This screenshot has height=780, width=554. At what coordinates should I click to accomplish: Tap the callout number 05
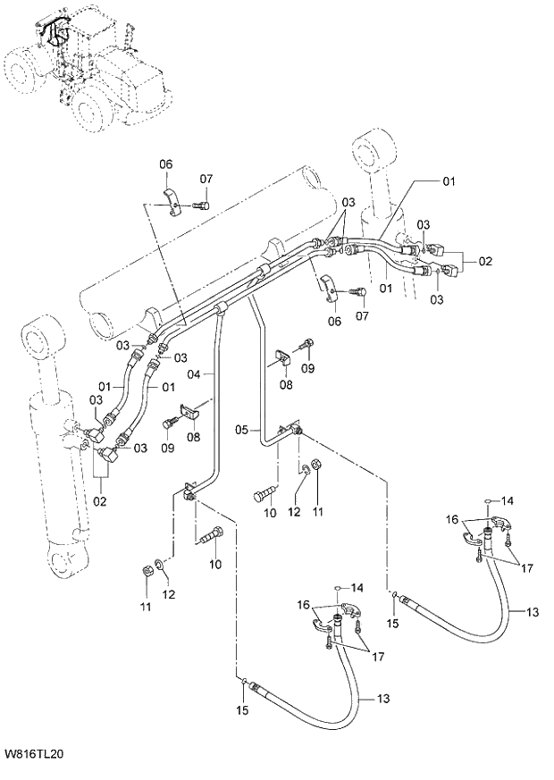pos(241,431)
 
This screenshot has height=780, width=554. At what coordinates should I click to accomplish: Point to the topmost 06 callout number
pos(166,164)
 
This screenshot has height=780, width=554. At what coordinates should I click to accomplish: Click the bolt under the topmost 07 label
pos(201,205)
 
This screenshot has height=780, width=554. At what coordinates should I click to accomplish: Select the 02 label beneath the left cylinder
pos(99,501)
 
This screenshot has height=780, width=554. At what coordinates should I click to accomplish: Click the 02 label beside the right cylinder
pos(484,262)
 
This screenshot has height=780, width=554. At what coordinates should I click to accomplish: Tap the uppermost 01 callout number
pos(448,181)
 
